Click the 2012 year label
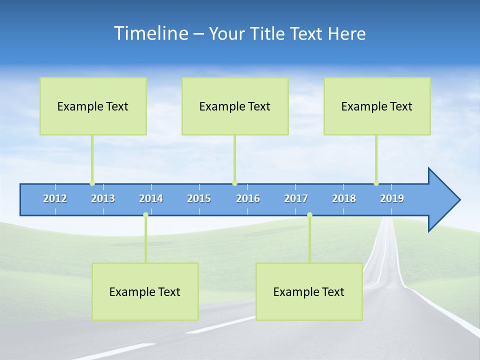[x=55, y=198]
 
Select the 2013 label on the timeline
[x=103, y=198]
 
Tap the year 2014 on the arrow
[x=151, y=198]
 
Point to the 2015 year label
[x=199, y=198]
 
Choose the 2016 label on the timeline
[x=248, y=198]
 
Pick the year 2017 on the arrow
[x=296, y=198]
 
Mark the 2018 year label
[x=344, y=198]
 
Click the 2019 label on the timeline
[x=392, y=198]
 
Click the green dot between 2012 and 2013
[x=92, y=183]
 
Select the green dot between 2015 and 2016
[x=234, y=183]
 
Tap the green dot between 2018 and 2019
[x=376, y=183]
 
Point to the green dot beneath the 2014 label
[x=145, y=214]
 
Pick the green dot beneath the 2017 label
[x=309, y=214]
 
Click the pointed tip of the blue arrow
[x=458, y=200]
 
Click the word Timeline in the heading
[x=149, y=33]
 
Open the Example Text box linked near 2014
[x=145, y=291]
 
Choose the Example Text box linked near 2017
[x=309, y=291]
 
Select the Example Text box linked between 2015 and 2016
[x=235, y=106]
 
